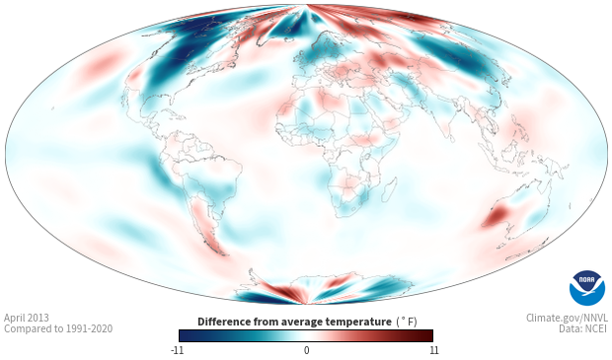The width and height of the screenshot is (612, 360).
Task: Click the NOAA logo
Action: tap(587, 287)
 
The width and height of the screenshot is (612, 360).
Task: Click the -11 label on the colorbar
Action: tap(177, 350)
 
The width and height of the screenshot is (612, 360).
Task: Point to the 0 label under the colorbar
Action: tap(306, 350)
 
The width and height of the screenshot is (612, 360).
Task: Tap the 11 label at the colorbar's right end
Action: tap(433, 350)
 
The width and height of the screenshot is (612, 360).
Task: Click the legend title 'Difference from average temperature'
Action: tap(294, 322)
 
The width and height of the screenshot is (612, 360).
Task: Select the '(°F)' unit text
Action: tap(407, 322)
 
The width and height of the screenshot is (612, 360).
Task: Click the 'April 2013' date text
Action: tap(27, 318)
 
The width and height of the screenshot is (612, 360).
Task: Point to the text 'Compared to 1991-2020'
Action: tap(58, 328)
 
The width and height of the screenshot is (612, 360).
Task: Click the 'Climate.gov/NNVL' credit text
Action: tap(567, 318)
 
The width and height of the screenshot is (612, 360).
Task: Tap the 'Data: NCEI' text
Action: tap(583, 328)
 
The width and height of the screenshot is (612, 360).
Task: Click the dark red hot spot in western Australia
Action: tap(498, 215)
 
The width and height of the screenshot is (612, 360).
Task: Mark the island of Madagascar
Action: tap(390, 187)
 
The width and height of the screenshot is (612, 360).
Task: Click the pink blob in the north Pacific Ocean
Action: tap(100, 63)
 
